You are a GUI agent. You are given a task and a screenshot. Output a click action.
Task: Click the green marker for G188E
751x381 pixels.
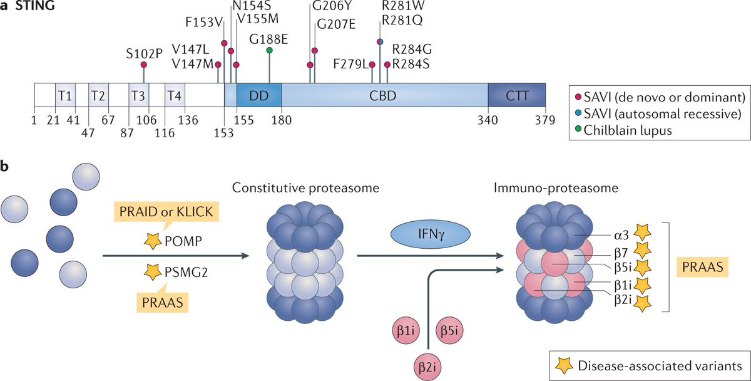(269, 50)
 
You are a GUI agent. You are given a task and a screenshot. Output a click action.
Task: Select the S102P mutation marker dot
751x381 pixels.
(144, 65)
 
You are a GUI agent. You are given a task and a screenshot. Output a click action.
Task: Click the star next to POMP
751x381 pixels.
(151, 239)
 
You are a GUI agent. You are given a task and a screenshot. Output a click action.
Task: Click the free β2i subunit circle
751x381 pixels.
(427, 363)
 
